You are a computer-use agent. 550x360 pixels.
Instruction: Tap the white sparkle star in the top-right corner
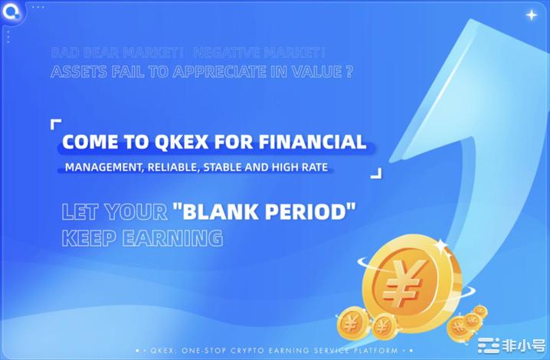point(531,15)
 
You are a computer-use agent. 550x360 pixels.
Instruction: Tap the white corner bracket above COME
point(55,123)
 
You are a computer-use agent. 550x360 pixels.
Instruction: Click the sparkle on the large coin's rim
point(441,244)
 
